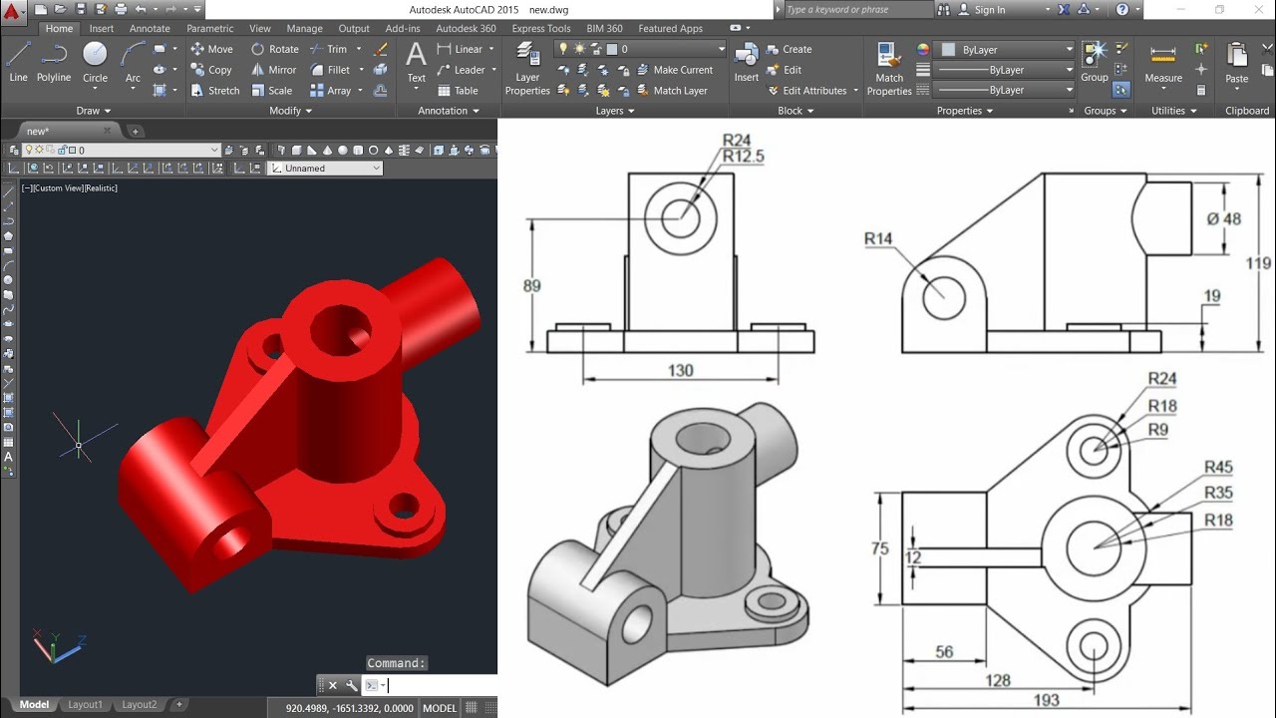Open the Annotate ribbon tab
[150, 29]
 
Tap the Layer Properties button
[527, 70]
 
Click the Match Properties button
[889, 70]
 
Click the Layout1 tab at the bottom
[85, 705]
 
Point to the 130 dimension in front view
[680, 370]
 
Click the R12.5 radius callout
[743, 157]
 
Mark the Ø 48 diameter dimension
[1223, 219]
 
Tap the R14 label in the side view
[878, 238]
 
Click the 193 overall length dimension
[1046, 700]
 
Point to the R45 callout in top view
[1218, 468]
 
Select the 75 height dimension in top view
[879, 547]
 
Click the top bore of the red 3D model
[339, 329]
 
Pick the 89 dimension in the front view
[531, 286]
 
